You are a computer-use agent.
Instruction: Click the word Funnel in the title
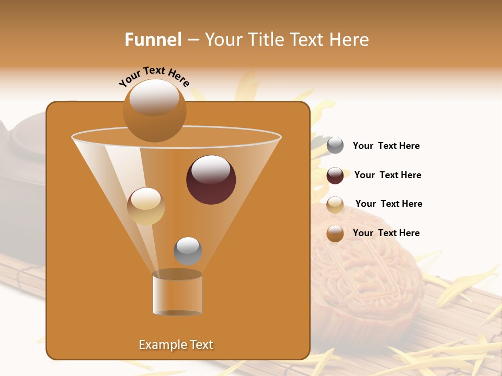pos(153,40)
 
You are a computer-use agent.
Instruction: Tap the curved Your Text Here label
pos(154,76)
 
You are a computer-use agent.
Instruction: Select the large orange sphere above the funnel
pos(154,111)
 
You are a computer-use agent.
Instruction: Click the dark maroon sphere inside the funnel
pos(211,180)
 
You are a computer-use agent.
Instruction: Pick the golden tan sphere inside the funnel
pos(146,206)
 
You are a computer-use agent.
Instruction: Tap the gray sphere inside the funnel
pos(188,251)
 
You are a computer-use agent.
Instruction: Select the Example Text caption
pos(176,345)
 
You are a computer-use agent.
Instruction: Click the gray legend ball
pos(335,146)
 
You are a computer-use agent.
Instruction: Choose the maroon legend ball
pos(335,175)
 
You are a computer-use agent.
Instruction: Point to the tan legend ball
pos(335,205)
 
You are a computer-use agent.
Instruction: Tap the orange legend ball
pos(335,233)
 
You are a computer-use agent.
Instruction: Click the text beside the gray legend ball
pos(386,146)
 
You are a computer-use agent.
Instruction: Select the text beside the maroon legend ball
pos(387,175)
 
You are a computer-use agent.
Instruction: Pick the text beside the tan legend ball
pos(389,204)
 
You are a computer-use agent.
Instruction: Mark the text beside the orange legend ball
pos(386,233)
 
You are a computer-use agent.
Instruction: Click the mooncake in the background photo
pos(366,282)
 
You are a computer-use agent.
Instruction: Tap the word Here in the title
pos(350,40)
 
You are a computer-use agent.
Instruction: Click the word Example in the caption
pos(159,345)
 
